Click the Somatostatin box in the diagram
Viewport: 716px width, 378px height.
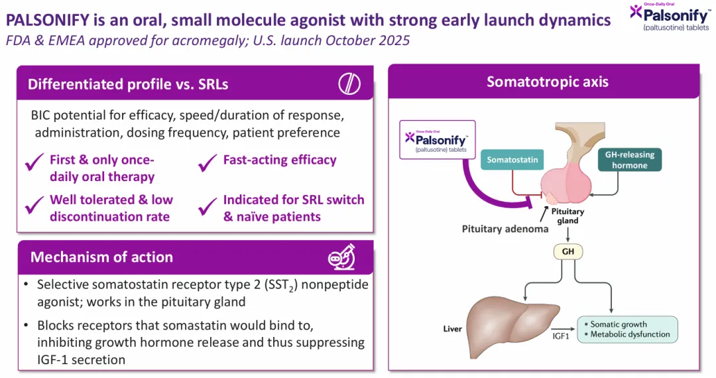512,160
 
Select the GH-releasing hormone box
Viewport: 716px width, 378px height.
630,160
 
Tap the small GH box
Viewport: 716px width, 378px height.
568,251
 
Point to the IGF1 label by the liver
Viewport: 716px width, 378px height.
561,336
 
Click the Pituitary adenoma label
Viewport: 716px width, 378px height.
505,229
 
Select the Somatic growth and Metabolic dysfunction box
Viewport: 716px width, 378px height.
627,329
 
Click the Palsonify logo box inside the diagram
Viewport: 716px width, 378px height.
438,140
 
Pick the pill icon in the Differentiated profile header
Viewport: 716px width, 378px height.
349,84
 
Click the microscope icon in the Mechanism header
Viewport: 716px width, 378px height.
342,257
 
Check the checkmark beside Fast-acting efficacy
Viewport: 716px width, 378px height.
208,162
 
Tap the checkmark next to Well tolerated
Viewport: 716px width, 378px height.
34,204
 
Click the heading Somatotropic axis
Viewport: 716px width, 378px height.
548,82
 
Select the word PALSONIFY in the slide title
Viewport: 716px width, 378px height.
48,20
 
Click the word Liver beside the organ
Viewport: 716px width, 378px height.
453,329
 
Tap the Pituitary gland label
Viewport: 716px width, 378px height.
567,216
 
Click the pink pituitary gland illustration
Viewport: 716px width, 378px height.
566,182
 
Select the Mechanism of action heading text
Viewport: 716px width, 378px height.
101,257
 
